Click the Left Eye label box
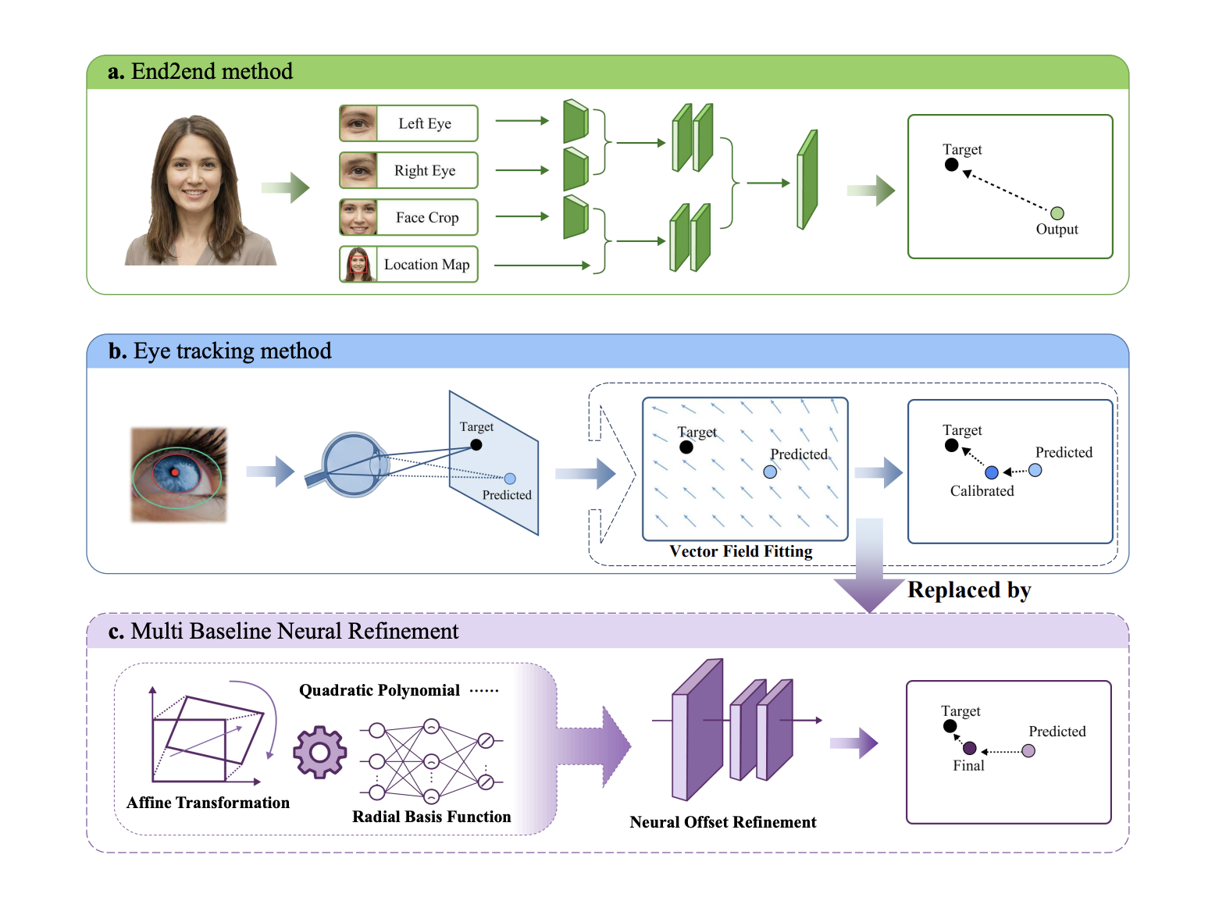(x=408, y=123)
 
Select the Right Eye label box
(x=408, y=170)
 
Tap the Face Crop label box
(x=408, y=217)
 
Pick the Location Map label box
(x=408, y=264)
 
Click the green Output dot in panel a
(x=1057, y=213)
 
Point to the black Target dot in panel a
(x=951, y=165)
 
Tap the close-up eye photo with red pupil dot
(x=179, y=474)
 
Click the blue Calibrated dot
(x=992, y=472)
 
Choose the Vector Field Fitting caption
(x=740, y=551)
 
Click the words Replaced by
(x=969, y=590)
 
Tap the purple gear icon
(x=319, y=752)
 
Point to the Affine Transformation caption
(x=208, y=803)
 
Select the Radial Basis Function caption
(x=431, y=817)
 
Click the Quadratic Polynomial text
(x=380, y=690)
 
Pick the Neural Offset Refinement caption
(x=722, y=822)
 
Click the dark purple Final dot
(x=970, y=748)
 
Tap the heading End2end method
(x=211, y=72)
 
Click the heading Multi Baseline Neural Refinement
(x=294, y=631)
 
